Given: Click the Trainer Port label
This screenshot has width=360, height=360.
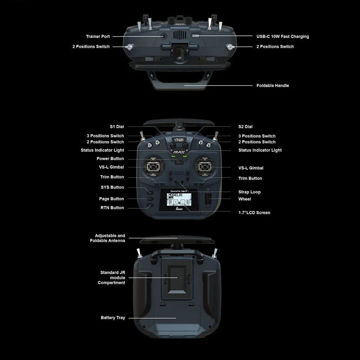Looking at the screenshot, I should (98, 37).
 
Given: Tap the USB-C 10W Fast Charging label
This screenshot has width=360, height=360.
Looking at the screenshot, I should (283, 37).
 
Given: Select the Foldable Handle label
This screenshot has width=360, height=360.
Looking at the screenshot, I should (273, 86).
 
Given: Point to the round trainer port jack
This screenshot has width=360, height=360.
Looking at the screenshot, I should (163, 36).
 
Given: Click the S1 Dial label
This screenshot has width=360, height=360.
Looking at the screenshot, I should (117, 127).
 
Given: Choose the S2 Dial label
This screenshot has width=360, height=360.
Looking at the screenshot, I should (245, 127).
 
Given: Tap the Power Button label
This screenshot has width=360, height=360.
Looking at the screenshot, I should (110, 159).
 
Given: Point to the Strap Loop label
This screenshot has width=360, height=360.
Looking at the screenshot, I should (249, 192).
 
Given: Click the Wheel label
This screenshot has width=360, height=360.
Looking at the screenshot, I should (245, 199).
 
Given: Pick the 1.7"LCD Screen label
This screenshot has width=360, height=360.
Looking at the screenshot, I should (254, 213).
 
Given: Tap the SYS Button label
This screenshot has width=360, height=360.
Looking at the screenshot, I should (112, 187).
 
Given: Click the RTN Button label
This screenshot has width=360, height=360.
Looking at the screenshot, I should (112, 208).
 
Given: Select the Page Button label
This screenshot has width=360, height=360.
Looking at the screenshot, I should (111, 199).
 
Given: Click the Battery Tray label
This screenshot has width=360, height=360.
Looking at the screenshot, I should (113, 318).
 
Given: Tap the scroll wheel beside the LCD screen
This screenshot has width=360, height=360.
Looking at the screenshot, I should (209, 199).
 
